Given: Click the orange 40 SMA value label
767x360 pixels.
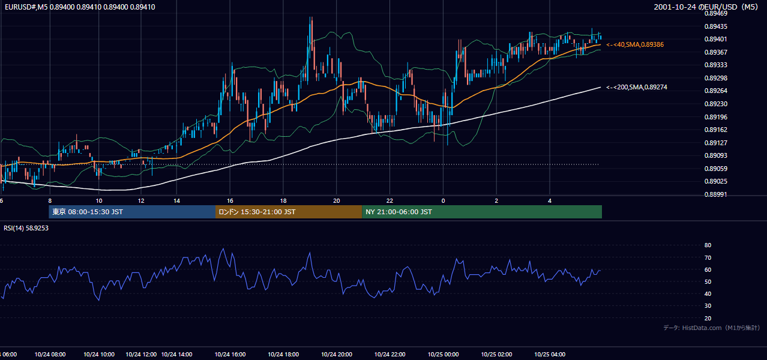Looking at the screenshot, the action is point(635,44).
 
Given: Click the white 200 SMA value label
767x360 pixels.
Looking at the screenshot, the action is point(637,87).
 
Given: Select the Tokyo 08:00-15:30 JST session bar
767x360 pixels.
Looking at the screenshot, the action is point(132,212).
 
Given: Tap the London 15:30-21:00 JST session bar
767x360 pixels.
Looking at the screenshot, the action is point(289,212).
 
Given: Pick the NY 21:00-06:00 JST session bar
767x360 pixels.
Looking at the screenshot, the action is point(482,212).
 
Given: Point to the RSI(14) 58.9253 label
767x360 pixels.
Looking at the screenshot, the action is point(26,228).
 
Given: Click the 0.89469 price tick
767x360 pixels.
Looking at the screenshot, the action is point(715,14).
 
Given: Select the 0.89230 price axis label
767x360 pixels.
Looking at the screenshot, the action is point(715,104).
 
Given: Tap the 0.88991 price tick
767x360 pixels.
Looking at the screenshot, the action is point(715,194).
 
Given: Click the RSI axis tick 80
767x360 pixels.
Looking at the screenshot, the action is point(708,245).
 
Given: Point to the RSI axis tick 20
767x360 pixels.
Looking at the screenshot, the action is point(708,318).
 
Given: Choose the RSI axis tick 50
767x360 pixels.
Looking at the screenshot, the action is point(708,281).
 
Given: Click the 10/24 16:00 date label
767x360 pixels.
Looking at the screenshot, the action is point(230,355).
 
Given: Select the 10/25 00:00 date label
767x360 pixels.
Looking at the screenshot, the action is point(443,355).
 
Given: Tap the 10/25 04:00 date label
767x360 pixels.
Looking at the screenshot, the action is point(550,355).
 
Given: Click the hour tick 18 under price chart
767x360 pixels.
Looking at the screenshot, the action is point(283,201).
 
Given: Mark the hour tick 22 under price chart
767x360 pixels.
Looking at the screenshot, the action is point(390,201).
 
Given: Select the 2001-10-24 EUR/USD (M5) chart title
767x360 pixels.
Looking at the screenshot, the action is point(706,7).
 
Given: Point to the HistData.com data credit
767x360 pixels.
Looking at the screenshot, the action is point(712,328).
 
